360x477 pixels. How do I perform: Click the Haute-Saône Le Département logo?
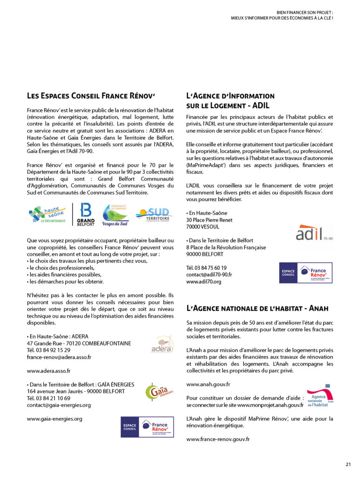47,214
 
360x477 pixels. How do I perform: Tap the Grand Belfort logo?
85,214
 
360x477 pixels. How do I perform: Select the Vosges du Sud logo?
115,215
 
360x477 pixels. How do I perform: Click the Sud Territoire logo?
154,215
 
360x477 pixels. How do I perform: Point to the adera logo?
162,344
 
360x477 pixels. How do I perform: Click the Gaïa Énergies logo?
159,392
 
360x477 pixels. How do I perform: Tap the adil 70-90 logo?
314,232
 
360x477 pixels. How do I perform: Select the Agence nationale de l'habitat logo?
320,397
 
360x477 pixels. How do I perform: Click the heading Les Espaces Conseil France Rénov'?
91,95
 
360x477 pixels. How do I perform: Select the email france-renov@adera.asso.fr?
59,357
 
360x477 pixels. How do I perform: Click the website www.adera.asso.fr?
48,371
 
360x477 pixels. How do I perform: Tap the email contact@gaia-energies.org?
59,405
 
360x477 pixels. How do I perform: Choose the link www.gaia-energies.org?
54,419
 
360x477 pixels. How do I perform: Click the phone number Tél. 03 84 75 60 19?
206,268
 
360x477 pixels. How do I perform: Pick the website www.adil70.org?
204,282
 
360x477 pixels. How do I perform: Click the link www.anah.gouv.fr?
208,384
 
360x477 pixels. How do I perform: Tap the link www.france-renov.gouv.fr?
218,439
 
